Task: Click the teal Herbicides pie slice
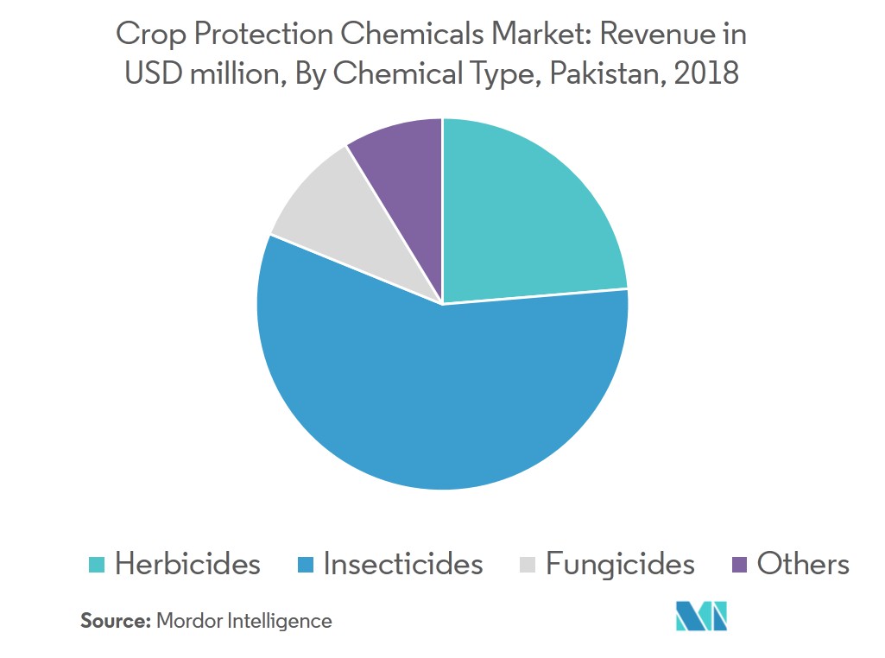(527, 216)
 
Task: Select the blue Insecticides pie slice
(440, 397)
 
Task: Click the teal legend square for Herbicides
(97, 566)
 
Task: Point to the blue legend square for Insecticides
(306, 566)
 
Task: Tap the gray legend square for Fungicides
(528, 566)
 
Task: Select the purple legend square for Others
(739, 566)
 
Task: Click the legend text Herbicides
(187, 564)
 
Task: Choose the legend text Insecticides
(403, 564)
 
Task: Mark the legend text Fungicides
(620, 564)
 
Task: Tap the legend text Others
(803, 564)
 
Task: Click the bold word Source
(116, 620)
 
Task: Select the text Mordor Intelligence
(243, 620)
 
